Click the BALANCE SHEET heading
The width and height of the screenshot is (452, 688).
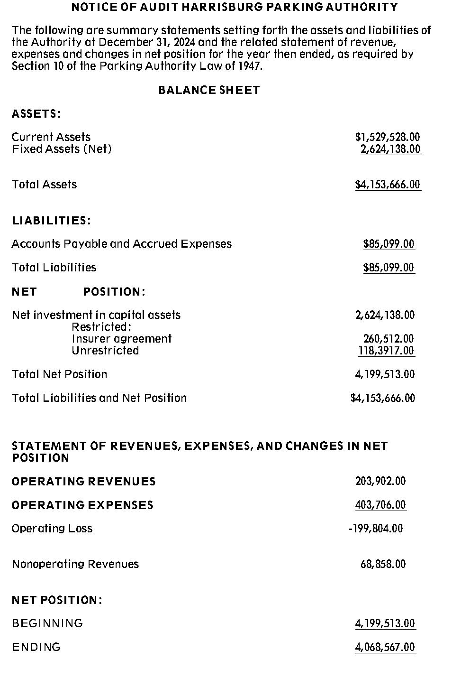pyautogui.click(x=209, y=90)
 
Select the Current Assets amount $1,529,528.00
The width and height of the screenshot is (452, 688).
pyautogui.click(x=387, y=137)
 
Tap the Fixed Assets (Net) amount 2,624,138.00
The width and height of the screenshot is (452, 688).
pyautogui.click(x=390, y=149)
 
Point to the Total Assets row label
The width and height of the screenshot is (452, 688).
pyautogui.click(x=44, y=185)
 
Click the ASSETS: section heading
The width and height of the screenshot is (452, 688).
pyautogui.click(x=36, y=114)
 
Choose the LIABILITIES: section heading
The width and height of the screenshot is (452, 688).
pyautogui.click(x=51, y=221)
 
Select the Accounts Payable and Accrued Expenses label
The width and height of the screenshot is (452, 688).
pyautogui.click(x=122, y=244)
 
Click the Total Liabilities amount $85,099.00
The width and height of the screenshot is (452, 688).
pyautogui.click(x=389, y=268)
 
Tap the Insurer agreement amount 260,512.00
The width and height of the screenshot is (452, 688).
pyautogui.click(x=388, y=339)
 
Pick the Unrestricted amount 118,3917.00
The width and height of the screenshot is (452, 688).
pyautogui.click(x=386, y=351)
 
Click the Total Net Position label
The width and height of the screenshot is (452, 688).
pyautogui.click(x=59, y=374)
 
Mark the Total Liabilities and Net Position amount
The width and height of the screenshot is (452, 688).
pyautogui.click(x=383, y=398)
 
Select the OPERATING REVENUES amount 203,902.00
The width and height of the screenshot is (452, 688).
pyautogui.click(x=380, y=481)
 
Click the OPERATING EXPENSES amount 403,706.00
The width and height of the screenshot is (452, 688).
pyautogui.click(x=380, y=505)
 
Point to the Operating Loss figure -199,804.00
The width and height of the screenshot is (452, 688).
pyautogui.click(x=376, y=529)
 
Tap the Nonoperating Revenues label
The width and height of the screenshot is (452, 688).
pyautogui.click(x=75, y=564)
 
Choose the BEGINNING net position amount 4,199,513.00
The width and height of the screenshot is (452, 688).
pyautogui.click(x=385, y=623)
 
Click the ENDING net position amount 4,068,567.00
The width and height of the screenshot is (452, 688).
pyautogui.click(x=385, y=647)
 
